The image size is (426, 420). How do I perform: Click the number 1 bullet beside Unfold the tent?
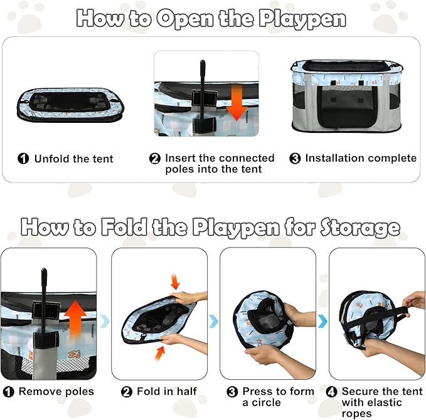click(x=23, y=159)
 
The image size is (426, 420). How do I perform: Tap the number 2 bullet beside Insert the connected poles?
click(x=155, y=159)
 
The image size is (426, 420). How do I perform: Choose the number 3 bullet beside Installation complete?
click(x=295, y=159)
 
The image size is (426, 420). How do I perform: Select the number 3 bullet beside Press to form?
click(x=232, y=392)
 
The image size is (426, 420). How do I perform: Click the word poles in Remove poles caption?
click(x=78, y=392)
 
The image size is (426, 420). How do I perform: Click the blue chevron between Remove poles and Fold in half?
click(x=105, y=320)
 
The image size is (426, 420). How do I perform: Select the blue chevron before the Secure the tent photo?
click(x=322, y=320)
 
